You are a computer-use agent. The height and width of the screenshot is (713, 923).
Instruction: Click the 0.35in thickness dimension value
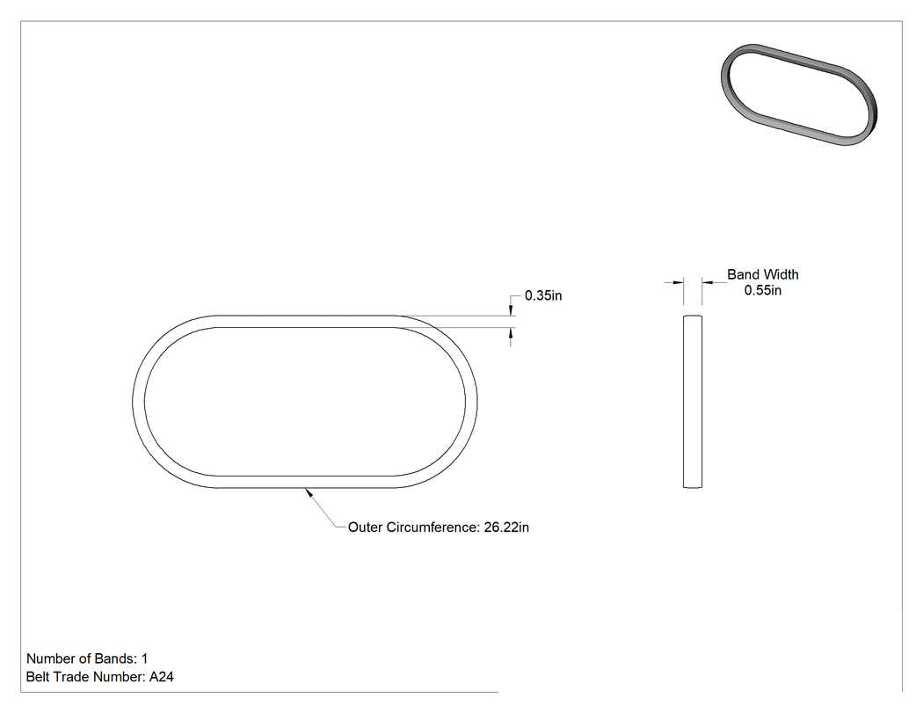coord(542,295)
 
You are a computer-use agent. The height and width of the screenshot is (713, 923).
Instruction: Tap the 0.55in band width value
coord(762,290)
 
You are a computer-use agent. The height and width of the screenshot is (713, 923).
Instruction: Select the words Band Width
coord(763,274)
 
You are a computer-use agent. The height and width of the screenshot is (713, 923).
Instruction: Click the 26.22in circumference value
coord(506,527)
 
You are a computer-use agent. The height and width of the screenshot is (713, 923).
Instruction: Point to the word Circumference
coord(432,527)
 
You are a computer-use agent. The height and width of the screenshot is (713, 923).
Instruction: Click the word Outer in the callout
coord(365,527)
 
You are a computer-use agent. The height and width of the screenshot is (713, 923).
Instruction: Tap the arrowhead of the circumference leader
coord(308,493)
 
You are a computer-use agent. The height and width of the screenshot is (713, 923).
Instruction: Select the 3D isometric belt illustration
coord(799,94)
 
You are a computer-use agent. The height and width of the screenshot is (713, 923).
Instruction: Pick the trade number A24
coord(161,677)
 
